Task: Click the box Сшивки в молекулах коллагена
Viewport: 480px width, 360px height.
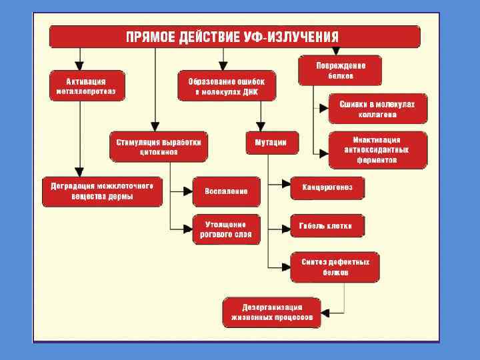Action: [x=377, y=109]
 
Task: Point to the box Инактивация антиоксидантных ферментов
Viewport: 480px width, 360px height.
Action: [x=377, y=150]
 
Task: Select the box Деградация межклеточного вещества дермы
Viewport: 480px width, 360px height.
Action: [x=101, y=191]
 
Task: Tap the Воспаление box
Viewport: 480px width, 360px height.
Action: [x=227, y=191]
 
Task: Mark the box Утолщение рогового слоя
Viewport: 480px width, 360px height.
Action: [x=227, y=229]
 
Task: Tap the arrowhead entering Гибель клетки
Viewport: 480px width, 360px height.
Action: [x=286, y=226]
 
